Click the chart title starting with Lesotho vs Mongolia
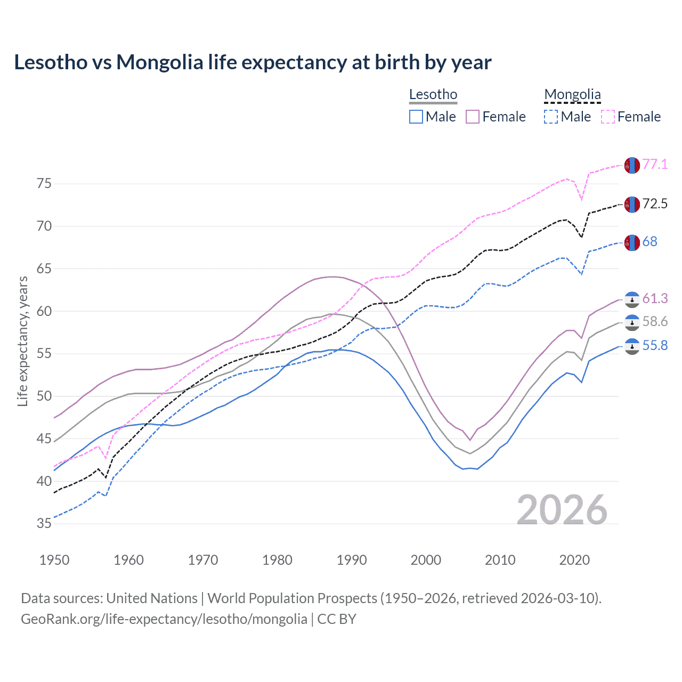pos(253,62)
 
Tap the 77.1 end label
pos(655,164)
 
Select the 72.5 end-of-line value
pos(655,204)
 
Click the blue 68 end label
pos(649,241)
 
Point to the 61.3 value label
pos(655,298)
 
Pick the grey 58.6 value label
pos(655,321)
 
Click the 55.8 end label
pos(655,346)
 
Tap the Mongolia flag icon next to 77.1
pos(631,166)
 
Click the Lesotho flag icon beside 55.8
pos(631,347)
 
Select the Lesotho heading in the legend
pos(433,94)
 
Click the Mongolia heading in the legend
pos(572,94)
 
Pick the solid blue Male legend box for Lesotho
pos(416,117)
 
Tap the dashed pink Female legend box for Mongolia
pos(607,117)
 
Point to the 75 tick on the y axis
pos(44,184)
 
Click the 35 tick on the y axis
pos(44,524)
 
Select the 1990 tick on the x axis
pos(352,560)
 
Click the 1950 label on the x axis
pos(55,560)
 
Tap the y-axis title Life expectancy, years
pos(23,341)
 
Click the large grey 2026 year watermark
pos(562,510)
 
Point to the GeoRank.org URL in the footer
pos(164,619)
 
